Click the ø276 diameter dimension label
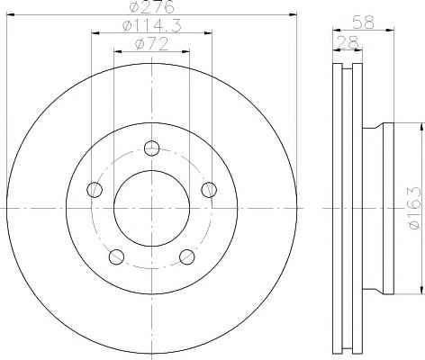click(x=152, y=6)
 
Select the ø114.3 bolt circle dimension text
click(x=152, y=26)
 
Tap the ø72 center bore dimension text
click(x=151, y=44)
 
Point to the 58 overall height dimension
click(x=363, y=22)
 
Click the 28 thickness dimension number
click(x=348, y=42)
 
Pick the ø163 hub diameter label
click(x=415, y=208)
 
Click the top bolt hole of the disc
click(x=151, y=148)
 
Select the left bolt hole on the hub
click(x=95, y=190)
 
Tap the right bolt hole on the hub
click(x=209, y=190)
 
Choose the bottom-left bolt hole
click(x=116, y=256)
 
